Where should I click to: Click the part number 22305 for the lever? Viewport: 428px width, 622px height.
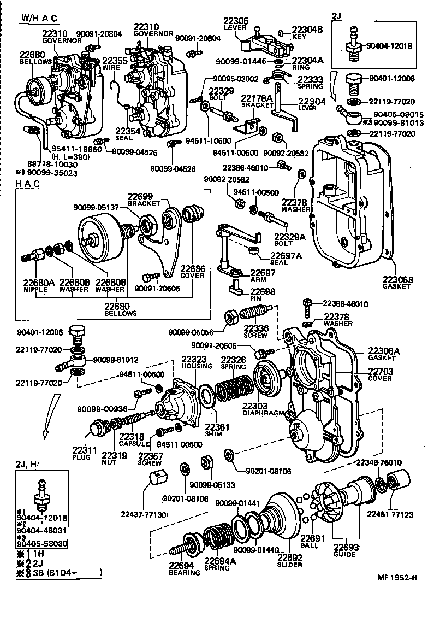(236, 21)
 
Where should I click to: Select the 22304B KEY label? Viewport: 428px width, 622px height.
(307, 33)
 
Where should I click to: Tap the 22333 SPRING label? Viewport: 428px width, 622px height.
(310, 83)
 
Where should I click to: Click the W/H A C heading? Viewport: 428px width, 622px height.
(39, 17)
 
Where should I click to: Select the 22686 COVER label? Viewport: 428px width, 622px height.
(192, 272)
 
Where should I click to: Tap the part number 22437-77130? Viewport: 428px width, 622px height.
(142, 514)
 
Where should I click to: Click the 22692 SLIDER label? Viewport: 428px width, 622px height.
(289, 561)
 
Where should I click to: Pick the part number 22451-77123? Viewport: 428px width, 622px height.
(390, 514)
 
